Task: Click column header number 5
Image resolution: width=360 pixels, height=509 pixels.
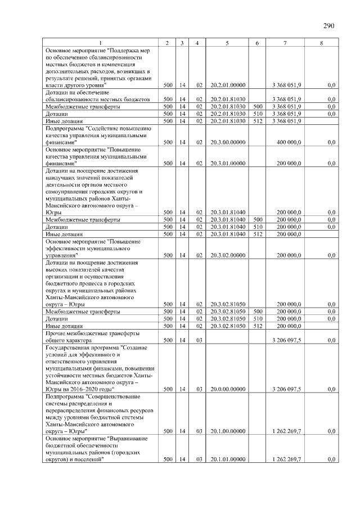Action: tap(227, 43)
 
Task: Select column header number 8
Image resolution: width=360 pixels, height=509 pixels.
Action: tap(321, 43)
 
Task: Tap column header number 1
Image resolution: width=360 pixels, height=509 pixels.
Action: tap(100, 43)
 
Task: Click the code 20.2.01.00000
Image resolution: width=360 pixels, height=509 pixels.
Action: tap(227, 85)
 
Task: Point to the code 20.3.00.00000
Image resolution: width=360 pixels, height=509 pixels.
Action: tap(227, 142)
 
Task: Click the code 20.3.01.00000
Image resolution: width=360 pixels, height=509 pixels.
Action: tap(227, 163)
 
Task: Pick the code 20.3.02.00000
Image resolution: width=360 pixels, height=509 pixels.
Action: tap(227, 255)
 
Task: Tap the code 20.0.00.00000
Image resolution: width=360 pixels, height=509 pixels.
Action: tap(227, 389)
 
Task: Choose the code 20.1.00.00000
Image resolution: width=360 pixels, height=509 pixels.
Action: tap(227, 431)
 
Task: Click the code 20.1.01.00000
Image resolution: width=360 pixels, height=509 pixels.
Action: tap(227, 460)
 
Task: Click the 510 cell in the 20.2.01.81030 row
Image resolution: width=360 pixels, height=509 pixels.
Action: tap(258, 113)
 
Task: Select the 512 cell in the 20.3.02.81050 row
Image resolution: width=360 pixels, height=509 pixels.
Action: tap(258, 326)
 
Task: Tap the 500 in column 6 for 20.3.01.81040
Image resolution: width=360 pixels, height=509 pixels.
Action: tap(258, 219)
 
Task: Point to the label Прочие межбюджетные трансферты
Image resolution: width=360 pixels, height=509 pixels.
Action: tap(92, 333)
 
